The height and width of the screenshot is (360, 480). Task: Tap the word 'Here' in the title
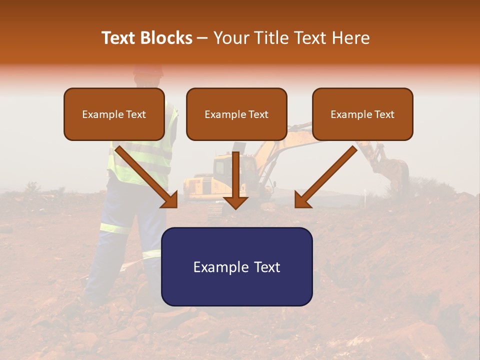point(351,38)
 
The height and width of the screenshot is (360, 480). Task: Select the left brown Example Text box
point(114,114)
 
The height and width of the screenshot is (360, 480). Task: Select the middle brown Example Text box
point(236,114)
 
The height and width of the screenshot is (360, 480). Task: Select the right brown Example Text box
point(362,114)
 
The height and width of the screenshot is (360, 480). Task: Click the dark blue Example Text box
point(236,266)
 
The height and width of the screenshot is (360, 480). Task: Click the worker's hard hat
point(148,70)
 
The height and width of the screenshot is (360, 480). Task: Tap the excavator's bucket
point(397,170)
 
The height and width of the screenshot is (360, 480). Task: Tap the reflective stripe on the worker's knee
point(115,228)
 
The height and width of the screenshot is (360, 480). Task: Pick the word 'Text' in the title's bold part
point(118,38)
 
